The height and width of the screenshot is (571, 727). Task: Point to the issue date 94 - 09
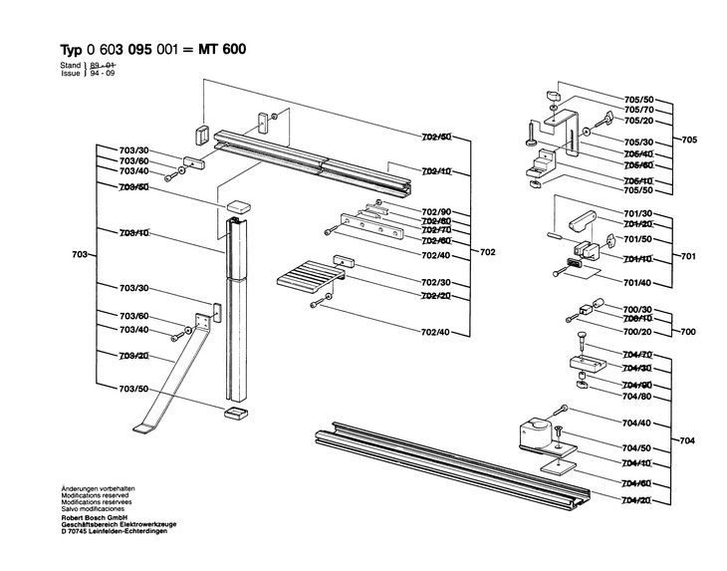[x=103, y=73]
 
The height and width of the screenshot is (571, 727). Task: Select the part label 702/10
[x=436, y=171]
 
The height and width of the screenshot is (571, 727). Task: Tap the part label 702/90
[x=436, y=211]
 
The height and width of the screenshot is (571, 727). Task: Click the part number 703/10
[x=133, y=232]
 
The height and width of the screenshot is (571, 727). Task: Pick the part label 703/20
[x=133, y=356]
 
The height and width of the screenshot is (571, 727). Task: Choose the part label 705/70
[x=638, y=110]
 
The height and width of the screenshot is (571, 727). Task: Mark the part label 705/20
[x=638, y=121]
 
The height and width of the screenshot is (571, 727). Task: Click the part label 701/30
[x=637, y=214]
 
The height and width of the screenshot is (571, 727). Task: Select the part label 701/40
[x=637, y=283]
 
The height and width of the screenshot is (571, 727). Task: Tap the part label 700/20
[x=637, y=331]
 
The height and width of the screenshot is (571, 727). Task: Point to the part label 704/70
[x=637, y=355]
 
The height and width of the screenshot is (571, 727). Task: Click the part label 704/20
[x=637, y=498]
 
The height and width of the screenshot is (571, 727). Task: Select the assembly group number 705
[x=689, y=140]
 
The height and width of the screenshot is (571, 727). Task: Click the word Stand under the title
[x=71, y=65]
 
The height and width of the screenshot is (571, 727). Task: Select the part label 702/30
[x=436, y=282]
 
